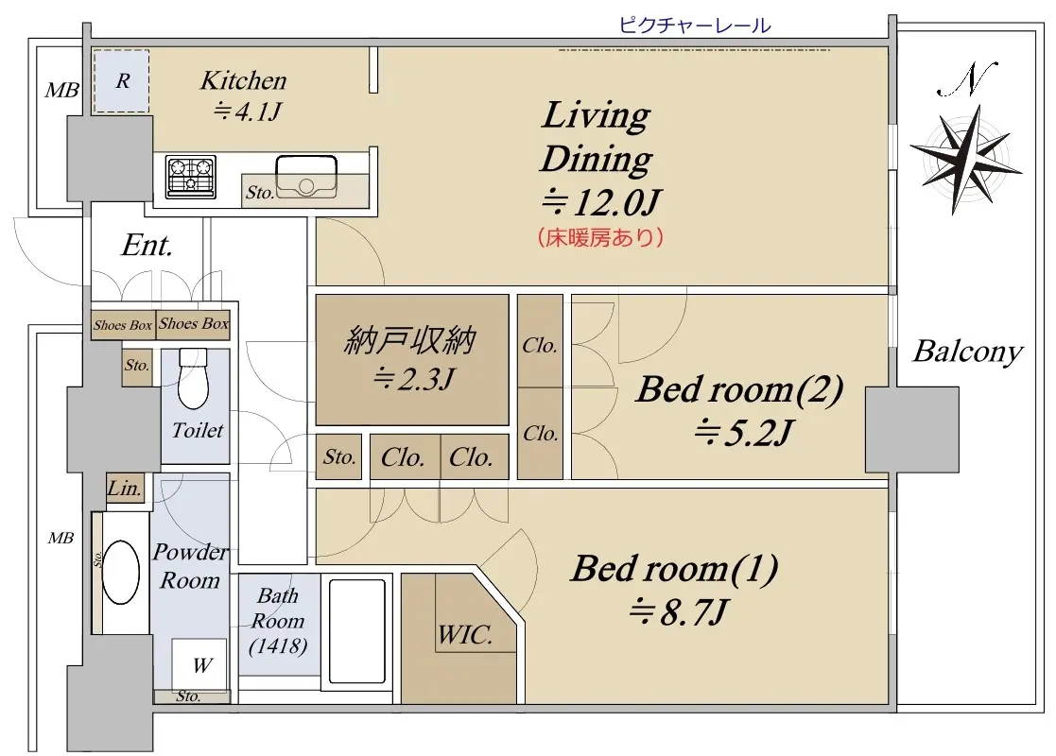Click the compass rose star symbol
(965, 159)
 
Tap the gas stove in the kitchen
(191, 177)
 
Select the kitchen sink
(306, 177)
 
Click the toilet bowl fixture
(193, 378)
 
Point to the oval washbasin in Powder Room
(121, 573)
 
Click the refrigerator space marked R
(121, 80)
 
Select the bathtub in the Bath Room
(356, 630)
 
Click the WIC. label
(465, 634)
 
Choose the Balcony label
(967, 352)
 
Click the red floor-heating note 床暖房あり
(600, 237)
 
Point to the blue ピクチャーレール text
(694, 26)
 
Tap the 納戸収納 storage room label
(410, 340)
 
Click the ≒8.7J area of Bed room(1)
(677, 612)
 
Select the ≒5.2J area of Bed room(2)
(744, 433)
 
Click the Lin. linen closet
(125, 488)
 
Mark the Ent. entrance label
(147, 245)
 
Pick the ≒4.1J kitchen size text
(246, 112)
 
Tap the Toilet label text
(197, 430)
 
